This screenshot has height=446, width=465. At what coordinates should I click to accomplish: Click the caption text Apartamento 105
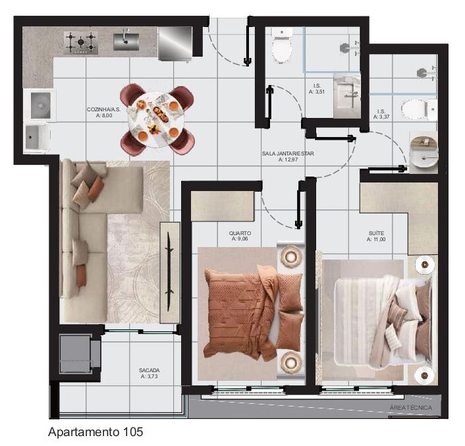(x=96, y=432)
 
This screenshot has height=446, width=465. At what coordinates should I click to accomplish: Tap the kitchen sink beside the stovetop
(x=126, y=42)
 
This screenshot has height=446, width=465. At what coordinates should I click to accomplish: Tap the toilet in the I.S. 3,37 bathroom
(x=417, y=109)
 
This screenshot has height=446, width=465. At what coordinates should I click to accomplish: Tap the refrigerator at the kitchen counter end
(x=175, y=43)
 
